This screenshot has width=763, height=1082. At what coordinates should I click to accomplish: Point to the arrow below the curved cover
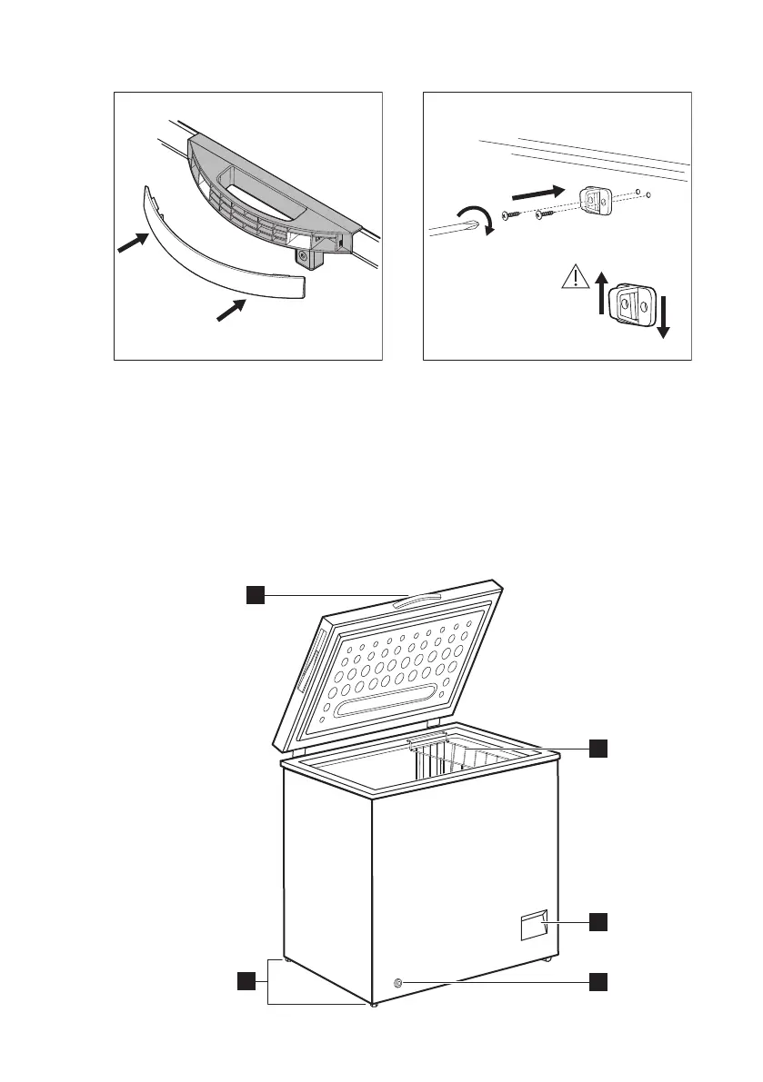(x=232, y=309)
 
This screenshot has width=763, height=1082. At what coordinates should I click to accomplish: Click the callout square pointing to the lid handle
(x=256, y=594)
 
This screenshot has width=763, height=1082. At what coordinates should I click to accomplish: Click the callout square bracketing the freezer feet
(x=246, y=980)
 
